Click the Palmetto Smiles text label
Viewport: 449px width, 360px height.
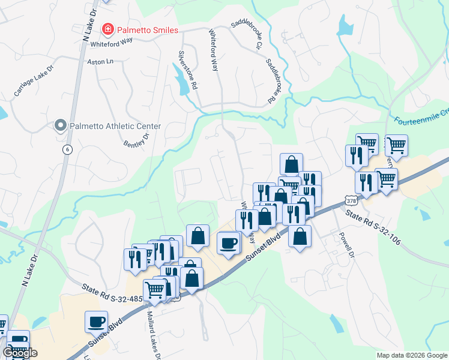[147, 29]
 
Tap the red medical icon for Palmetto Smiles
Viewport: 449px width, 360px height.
[108, 29]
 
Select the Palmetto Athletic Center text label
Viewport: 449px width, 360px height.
[115, 126]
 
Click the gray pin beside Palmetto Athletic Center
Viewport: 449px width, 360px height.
[60, 126]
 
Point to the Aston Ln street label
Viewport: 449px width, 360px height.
[100, 62]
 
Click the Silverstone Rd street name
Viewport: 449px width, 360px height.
[187, 70]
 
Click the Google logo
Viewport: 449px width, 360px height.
[20, 352]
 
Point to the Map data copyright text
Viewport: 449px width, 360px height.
[412, 355]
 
